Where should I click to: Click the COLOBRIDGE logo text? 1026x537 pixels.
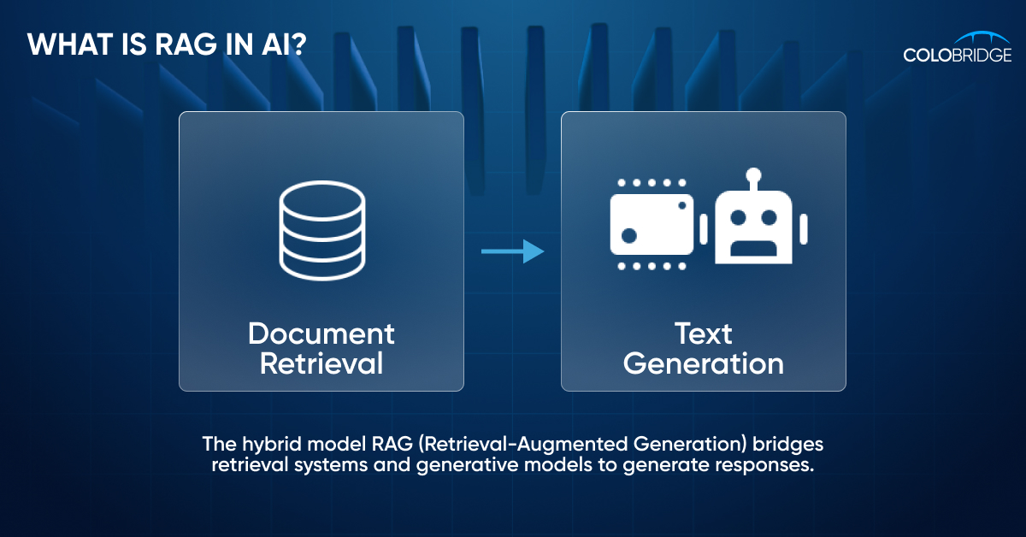pyautogui.click(x=957, y=56)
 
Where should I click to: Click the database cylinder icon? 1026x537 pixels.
pyautogui.click(x=321, y=231)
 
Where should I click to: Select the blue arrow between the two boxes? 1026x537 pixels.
pyautogui.click(x=512, y=251)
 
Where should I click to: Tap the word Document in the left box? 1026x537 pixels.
pyautogui.click(x=321, y=333)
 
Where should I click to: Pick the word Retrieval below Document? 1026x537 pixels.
pyautogui.click(x=321, y=363)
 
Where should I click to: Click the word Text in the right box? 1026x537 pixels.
pyautogui.click(x=703, y=333)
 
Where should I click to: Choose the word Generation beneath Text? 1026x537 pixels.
pyautogui.click(x=703, y=363)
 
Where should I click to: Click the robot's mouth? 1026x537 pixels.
pyautogui.click(x=753, y=248)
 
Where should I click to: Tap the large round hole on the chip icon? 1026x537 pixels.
pyautogui.click(x=629, y=234)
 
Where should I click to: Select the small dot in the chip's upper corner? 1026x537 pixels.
pyautogui.click(x=681, y=205)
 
